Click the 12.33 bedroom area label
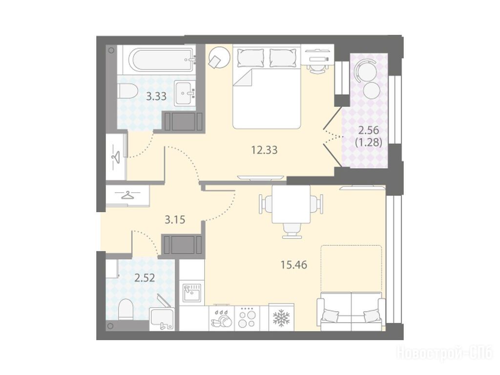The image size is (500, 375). click(264, 150)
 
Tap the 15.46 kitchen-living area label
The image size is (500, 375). click(293, 265)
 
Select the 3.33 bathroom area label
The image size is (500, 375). click(156, 96)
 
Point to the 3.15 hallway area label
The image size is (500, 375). click(175, 220)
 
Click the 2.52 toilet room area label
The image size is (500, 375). click(145, 278)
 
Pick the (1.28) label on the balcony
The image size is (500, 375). click(369, 142)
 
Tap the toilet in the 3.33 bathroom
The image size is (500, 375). click(127, 91)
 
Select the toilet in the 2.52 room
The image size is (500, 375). click(125, 309)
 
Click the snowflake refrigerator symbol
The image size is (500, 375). click(281, 317)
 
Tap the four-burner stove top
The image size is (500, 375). click(248, 318)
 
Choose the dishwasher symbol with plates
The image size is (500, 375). click(222, 318)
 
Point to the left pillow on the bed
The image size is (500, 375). click(250, 58)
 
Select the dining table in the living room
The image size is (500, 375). click(291, 204)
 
